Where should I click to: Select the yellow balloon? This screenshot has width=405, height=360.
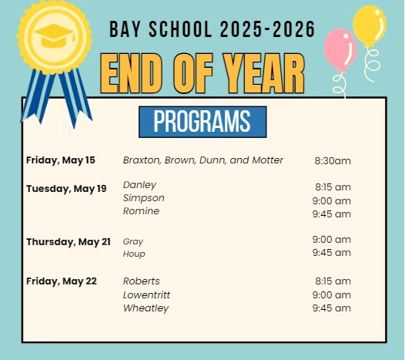coord(369,24)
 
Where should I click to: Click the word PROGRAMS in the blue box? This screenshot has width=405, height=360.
coord(202,122)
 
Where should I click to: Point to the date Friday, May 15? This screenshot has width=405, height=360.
coord(61,160)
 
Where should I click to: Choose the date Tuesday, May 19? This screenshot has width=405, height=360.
coord(66,189)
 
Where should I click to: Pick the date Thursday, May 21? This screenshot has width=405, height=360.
coord(69,242)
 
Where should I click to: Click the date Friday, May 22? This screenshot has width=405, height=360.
coord(62,281)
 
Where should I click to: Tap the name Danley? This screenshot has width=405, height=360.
coord(139,185)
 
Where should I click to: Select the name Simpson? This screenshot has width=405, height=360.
coord(144,198)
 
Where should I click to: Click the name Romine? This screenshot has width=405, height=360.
coord(142,211)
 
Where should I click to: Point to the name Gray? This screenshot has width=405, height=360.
coord(133,241)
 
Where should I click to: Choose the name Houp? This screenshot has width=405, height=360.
coord(134,254)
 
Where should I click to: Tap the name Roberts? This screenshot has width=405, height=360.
coord(141,281)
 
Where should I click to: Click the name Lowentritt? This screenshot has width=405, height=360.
coord(147,295)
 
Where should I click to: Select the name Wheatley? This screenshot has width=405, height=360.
coord(146,308)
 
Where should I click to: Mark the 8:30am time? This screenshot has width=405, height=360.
coord(333,161)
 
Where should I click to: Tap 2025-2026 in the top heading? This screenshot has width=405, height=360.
coord(267,29)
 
